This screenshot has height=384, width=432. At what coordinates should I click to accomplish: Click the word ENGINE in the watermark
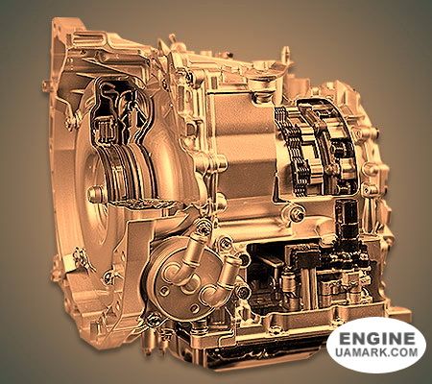click(x=376, y=338)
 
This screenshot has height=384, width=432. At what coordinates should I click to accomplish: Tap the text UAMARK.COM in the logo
click(x=376, y=352)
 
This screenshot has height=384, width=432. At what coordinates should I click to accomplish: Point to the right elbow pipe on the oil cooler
click(x=223, y=276)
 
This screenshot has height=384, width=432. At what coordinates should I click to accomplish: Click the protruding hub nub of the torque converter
click(x=93, y=195)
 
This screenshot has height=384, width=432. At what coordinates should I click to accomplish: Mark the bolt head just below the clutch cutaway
click(x=299, y=214)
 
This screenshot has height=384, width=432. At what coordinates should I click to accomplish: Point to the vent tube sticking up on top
click(x=286, y=54)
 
